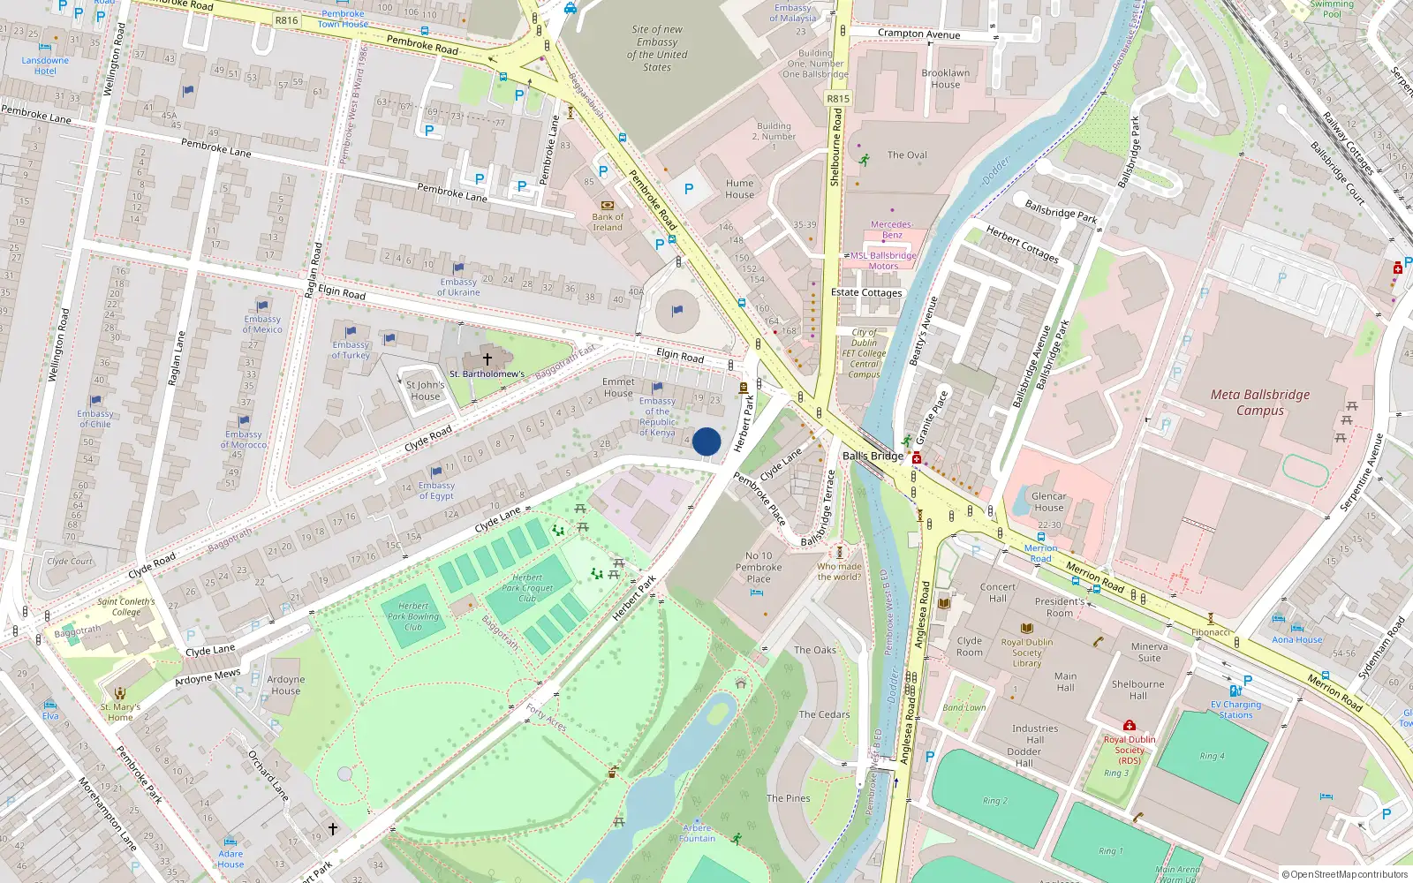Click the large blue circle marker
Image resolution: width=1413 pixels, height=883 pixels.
pos(706,441)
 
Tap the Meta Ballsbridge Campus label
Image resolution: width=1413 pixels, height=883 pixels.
pos(1260,403)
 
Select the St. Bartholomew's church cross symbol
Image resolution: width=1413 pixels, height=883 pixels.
pos(487,359)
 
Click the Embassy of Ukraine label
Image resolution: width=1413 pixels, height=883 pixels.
pos(458,287)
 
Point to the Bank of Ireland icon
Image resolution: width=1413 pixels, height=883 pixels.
pos(607,205)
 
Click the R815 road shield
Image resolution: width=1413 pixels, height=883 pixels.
pos(838,99)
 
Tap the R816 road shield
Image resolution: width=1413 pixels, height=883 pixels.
pos(286,20)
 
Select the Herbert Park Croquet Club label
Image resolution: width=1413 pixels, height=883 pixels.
pos(527,587)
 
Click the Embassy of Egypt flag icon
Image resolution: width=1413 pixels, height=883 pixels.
pos(436,472)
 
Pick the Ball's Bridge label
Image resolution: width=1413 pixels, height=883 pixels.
pos(873,456)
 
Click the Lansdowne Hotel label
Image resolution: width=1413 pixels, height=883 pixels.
pos(45,66)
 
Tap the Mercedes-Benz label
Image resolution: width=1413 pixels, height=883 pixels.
pos(892,230)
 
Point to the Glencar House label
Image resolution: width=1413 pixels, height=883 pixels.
pos(1048,502)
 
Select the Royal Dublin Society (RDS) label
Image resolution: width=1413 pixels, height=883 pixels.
pos(1129,750)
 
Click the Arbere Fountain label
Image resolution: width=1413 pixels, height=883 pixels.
pos(698,833)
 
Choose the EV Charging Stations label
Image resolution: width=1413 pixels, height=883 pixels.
pos(1235,709)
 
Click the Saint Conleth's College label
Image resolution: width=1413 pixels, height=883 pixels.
pos(125,607)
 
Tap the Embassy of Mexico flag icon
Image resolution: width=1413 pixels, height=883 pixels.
pos(262,306)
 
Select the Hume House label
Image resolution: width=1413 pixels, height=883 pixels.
pos(740,189)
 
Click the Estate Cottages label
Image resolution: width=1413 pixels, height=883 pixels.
pos(866,292)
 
